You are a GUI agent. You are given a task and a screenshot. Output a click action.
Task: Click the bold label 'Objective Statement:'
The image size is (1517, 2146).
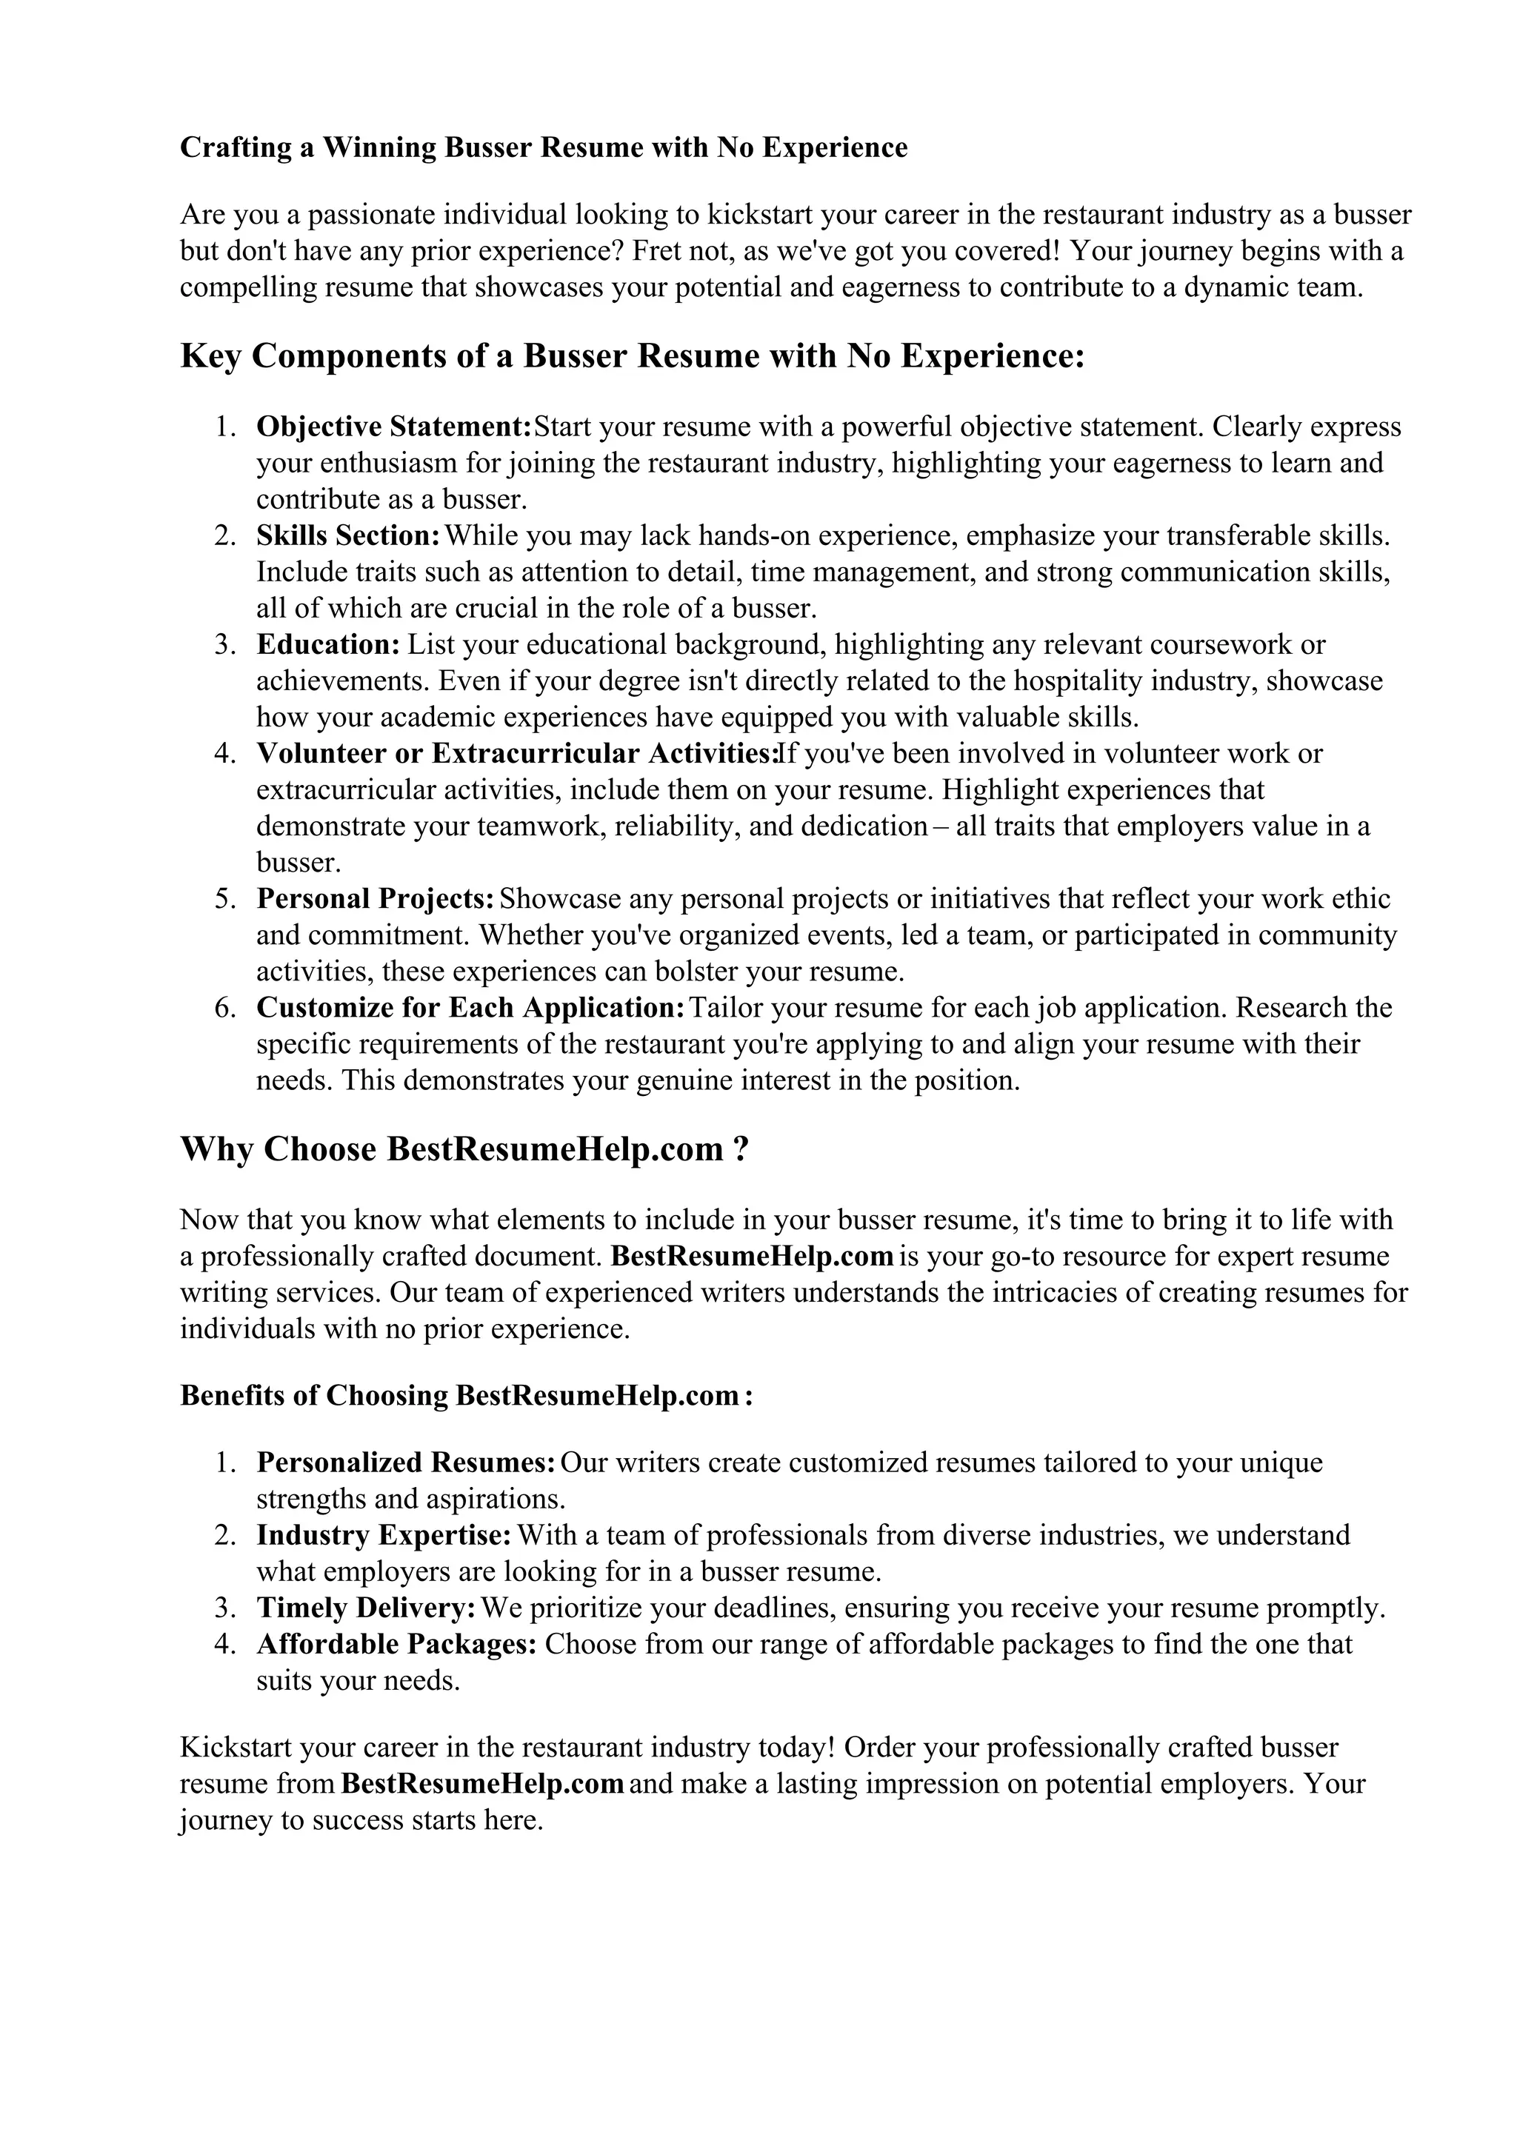(393, 427)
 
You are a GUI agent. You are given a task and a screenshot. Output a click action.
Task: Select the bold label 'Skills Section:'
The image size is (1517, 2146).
(347, 536)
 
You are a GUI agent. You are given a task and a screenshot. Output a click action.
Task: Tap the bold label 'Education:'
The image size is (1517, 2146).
(328, 645)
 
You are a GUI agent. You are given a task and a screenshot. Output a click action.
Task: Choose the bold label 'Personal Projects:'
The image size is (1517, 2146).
(375, 899)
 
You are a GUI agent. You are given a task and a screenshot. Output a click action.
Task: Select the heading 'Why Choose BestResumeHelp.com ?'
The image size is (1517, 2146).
(464, 1149)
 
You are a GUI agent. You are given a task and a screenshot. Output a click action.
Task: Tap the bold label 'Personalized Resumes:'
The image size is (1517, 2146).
(407, 1463)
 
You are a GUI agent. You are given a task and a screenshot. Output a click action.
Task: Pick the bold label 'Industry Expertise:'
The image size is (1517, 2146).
(384, 1536)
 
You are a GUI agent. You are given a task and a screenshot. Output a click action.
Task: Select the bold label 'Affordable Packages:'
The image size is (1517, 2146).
(396, 1645)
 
